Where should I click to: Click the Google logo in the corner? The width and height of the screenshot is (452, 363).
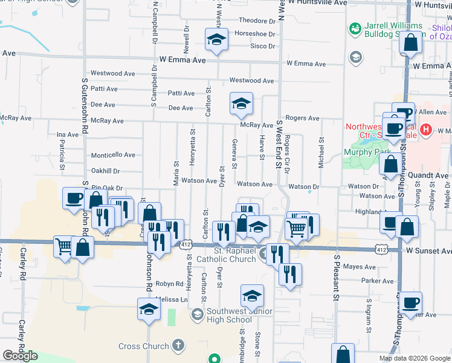pos(20,356)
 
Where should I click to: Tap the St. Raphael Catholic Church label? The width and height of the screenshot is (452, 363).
pos(236,255)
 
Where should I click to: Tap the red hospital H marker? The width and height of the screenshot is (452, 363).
pos(427,129)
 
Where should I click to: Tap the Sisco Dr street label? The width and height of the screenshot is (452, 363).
pos(263,46)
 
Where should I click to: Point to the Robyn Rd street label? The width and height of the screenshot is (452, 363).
pos(169,284)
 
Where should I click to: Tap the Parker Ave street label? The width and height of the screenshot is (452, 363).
pos(378,281)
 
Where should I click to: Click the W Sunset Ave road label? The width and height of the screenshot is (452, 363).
pos(428,250)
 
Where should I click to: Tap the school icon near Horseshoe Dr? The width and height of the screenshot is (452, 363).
pos(216,39)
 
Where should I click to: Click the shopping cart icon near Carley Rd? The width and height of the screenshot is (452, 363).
pos(64,246)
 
